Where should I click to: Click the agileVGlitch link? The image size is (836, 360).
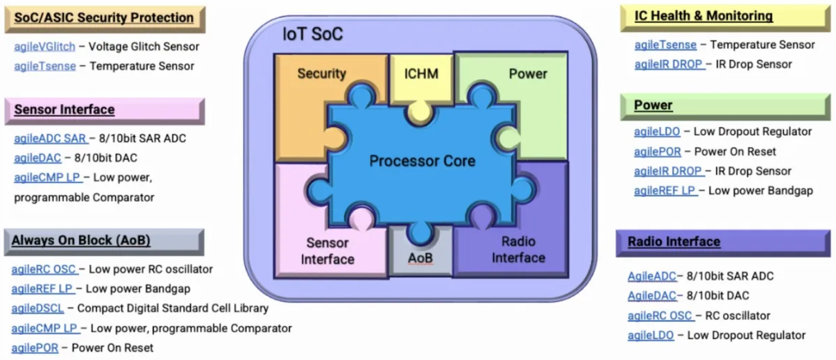click(44, 46)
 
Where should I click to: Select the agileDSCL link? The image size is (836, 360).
click(36, 308)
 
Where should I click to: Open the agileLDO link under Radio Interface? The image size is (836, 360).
click(650, 335)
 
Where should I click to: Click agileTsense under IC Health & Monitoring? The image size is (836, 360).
click(665, 44)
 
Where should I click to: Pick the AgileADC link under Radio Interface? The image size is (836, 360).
click(651, 276)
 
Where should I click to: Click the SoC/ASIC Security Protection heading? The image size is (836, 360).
click(104, 17)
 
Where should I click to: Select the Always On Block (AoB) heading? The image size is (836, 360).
click(81, 241)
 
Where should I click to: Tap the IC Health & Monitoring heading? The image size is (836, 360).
click(703, 15)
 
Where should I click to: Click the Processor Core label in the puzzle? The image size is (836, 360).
click(422, 161)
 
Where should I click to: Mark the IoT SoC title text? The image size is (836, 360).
click(312, 34)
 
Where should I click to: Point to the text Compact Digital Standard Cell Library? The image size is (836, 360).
click(173, 308)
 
